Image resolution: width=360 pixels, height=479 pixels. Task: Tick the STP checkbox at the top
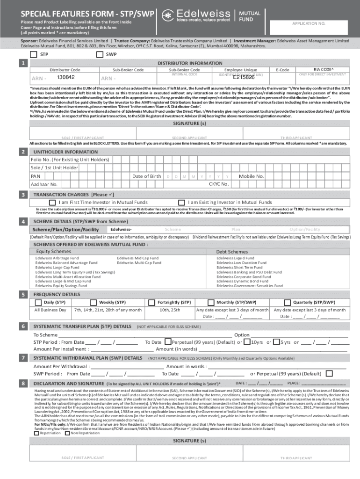pos(33,54)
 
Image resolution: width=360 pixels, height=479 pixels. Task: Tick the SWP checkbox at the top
pos(99,54)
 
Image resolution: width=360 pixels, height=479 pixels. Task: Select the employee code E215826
pos(244,78)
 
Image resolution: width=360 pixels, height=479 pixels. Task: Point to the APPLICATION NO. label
pos(309,23)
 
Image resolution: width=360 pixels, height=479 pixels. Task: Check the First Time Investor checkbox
pos(46,202)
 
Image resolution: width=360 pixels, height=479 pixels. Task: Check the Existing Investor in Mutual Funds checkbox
pos(182,202)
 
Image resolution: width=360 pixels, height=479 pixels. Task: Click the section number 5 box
pos(22,294)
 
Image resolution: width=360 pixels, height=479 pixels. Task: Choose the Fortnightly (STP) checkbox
pos(154,302)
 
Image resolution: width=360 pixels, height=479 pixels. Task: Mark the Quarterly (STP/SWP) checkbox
pos(288,302)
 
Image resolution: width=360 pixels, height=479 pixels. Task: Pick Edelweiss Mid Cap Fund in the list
pos(137,258)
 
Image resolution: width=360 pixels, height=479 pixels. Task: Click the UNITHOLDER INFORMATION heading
pos(65,152)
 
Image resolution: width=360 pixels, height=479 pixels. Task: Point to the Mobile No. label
pos(252,176)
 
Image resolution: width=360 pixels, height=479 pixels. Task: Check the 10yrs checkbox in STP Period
pos(248,342)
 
